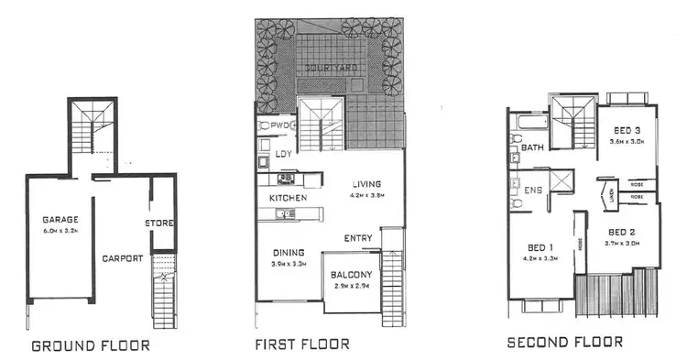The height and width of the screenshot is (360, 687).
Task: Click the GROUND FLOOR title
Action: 90,346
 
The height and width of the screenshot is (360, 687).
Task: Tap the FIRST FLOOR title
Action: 302,344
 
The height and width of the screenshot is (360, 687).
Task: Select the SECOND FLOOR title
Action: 565,343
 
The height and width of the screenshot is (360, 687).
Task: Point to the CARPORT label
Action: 123,258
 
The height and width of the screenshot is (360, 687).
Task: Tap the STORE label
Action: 162,223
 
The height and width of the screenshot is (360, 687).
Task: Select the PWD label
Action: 280,125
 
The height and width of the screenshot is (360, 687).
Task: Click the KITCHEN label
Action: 288,197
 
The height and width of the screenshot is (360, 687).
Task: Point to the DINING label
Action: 288,253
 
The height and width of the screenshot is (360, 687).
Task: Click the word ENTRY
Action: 358,238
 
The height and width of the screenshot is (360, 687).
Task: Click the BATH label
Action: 532,147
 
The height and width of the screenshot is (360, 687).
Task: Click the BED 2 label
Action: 627,232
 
